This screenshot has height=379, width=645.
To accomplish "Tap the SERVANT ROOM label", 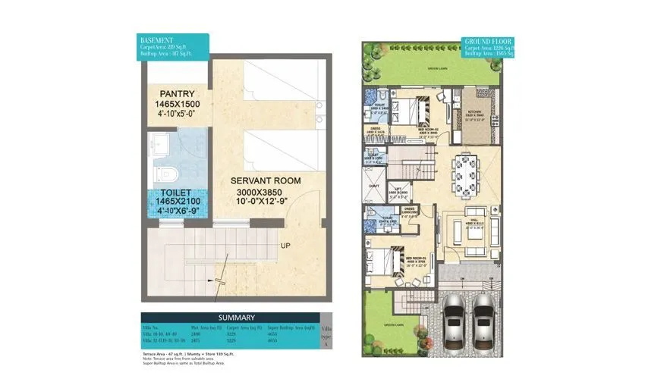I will click(x=266, y=181).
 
